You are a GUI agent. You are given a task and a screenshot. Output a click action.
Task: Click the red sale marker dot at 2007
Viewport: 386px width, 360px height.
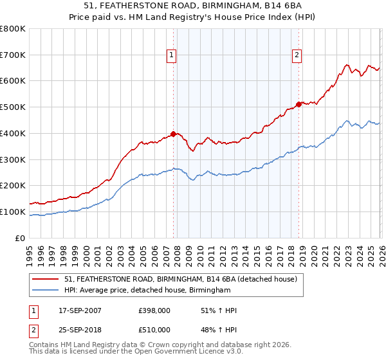pos(173,134)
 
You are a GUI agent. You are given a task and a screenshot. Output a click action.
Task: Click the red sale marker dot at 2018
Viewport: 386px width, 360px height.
pos(299,104)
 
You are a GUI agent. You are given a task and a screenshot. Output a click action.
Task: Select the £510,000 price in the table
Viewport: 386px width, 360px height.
pos(154,330)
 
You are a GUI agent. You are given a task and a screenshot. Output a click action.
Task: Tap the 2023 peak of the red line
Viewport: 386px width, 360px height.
pos(347,65)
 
